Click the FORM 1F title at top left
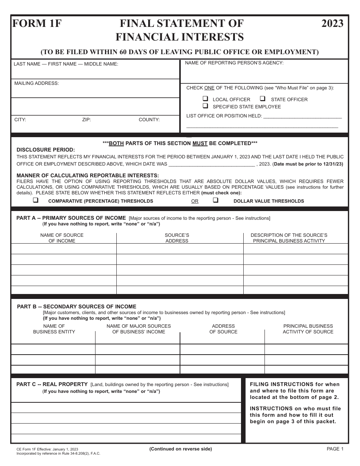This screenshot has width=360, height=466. click(37, 24)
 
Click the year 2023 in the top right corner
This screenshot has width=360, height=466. click(332, 24)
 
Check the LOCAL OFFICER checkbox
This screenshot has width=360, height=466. click(205, 99)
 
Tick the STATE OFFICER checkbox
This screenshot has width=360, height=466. click(262, 99)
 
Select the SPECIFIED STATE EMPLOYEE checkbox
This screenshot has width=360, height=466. click(205, 106)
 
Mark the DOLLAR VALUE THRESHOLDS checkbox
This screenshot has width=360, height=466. click(215, 200)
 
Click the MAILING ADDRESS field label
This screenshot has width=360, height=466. click(36, 83)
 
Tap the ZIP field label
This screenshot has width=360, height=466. click(86, 120)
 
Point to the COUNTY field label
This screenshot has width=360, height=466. click(149, 120)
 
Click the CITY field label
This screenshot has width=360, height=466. click(20, 120)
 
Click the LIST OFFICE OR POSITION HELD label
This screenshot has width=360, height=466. click(224, 116)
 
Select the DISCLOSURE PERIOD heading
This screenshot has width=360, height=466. click(46, 150)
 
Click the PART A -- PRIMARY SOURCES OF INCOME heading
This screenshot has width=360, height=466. click(71, 218)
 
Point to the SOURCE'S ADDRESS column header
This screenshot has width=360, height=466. click(177, 238)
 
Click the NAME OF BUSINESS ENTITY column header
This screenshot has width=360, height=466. click(54, 329)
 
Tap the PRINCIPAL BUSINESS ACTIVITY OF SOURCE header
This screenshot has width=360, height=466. click(308, 329)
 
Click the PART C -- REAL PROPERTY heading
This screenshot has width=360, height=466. click(52, 384)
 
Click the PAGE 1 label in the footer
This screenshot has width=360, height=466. click(335, 449)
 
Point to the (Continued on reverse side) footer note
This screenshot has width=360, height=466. click(180, 449)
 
